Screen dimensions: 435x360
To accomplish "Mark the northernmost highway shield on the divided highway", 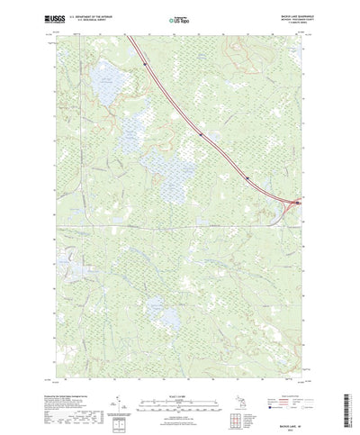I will coord(144,63).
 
